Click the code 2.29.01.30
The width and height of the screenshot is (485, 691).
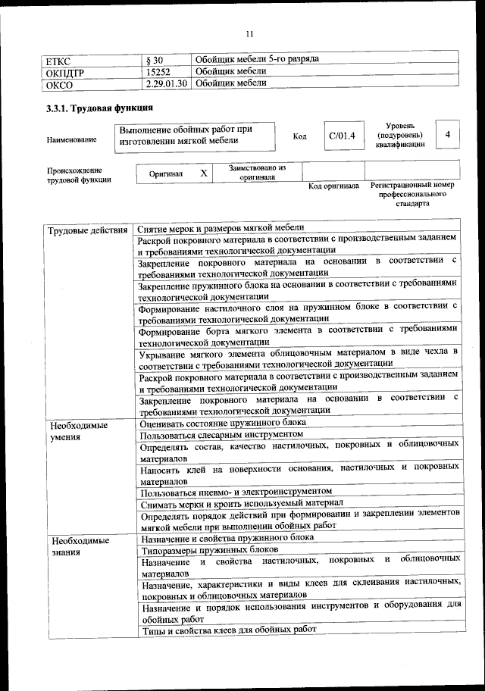[166, 83]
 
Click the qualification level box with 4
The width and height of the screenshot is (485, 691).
[449, 134]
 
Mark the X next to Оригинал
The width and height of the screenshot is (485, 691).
[203, 174]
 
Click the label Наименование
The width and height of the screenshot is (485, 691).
[71, 140]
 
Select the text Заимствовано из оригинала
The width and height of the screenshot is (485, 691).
[257, 172]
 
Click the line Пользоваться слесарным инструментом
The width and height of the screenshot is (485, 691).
[221, 434]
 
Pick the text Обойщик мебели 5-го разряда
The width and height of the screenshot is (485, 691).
[257, 59]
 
